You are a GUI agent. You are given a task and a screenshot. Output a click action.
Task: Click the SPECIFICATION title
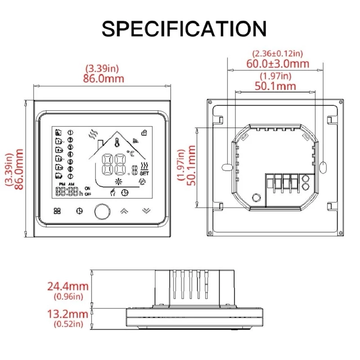[x=184, y=28]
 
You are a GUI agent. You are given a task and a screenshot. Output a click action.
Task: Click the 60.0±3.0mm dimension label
[x=278, y=63]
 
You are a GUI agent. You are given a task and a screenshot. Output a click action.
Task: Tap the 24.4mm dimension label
[x=68, y=286]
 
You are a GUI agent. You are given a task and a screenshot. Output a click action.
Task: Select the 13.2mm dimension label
[x=68, y=314]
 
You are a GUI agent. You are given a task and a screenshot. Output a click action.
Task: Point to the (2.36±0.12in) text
[x=278, y=54]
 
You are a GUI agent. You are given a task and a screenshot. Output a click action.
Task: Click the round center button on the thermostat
[x=103, y=211]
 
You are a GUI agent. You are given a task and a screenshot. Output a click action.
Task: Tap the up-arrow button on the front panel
[x=124, y=211]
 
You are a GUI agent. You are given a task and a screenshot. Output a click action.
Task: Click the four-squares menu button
[x=57, y=211]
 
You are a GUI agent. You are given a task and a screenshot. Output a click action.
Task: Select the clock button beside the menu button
[x=80, y=211]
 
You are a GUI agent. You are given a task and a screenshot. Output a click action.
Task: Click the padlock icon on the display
[x=144, y=133]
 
